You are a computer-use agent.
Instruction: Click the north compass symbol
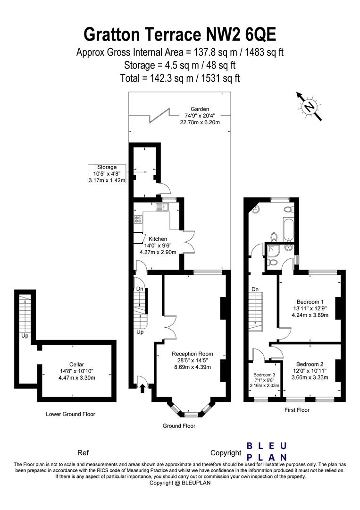click(309, 106)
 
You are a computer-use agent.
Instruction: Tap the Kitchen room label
click(158, 239)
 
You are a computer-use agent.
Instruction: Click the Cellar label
click(77, 364)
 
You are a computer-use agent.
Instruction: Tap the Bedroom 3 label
click(265, 374)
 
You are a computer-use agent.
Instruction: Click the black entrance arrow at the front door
click(142, 389)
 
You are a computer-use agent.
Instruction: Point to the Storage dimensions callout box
click(107, 173)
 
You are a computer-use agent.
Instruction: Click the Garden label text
click(200, 109)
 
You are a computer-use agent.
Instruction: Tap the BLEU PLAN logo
click(267, 451)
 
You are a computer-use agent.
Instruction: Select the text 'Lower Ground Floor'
click(70, 414)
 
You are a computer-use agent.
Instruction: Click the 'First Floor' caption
click(297, 410)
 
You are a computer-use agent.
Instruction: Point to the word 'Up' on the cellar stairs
click(25, 336)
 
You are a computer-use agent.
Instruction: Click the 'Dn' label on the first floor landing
click(255, 289)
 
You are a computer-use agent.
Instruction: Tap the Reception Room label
click(193, 354)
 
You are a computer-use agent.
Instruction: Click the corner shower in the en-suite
click(272, 250)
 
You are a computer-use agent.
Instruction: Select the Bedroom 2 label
click(310, 364)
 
